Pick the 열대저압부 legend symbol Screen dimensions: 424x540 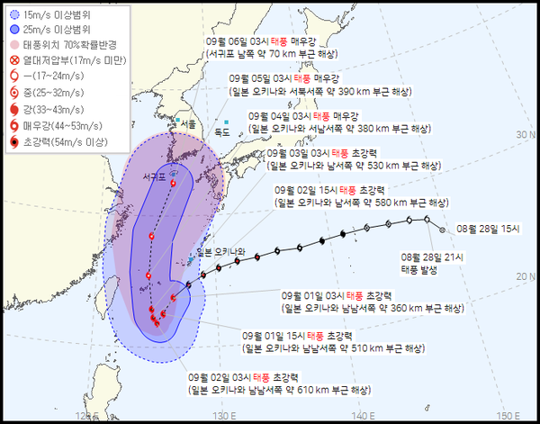point(13,60)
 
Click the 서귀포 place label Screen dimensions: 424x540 point(155,177)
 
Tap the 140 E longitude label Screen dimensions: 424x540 point(363,415)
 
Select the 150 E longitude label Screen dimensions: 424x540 point(508,415)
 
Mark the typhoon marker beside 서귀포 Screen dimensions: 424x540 point(173,184)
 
